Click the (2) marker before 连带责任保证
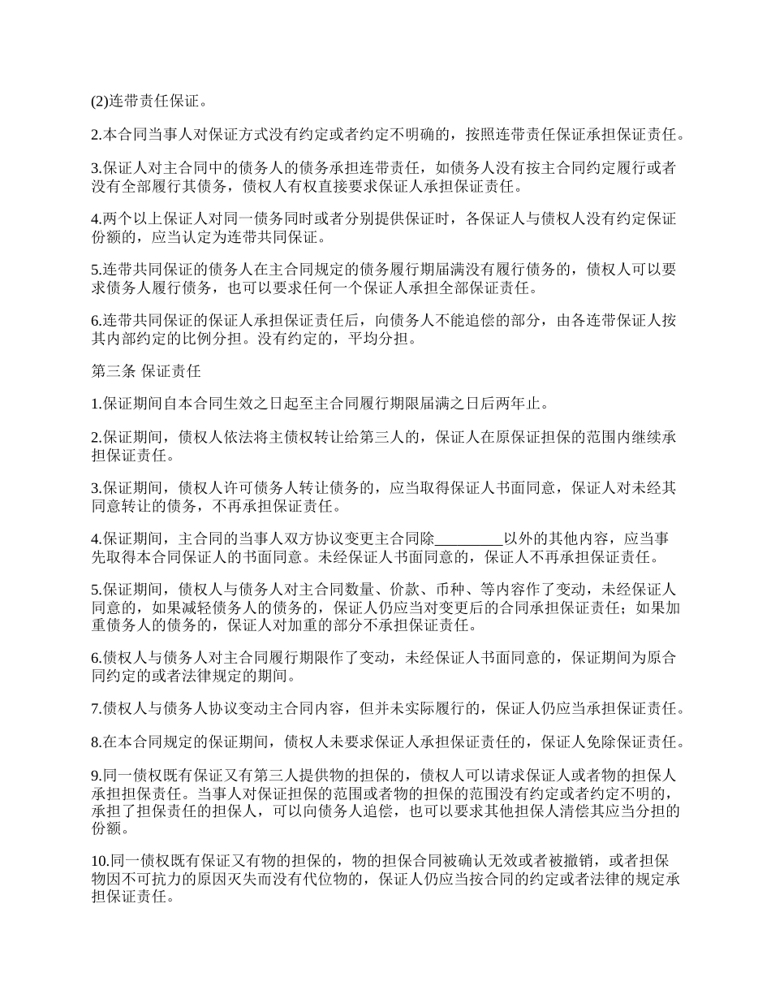point(99,102)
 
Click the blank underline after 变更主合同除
point(470,539)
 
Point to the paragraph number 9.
point(94,776)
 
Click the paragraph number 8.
point(94,742)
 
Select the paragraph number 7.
point(94,708)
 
